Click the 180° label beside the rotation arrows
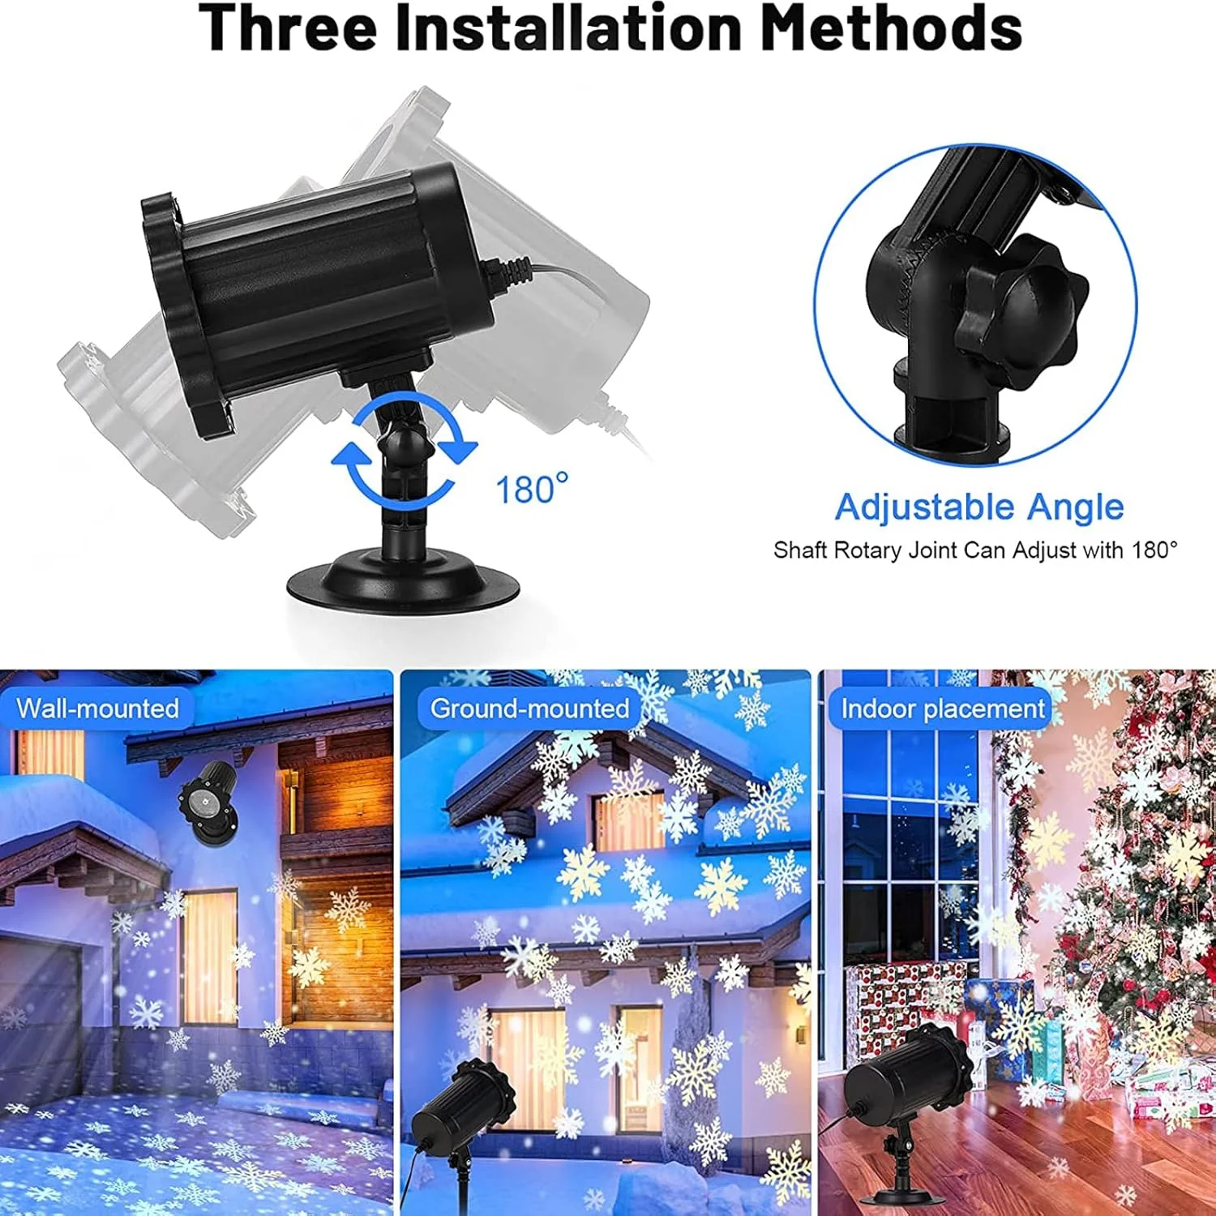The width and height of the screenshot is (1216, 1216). point(531,490)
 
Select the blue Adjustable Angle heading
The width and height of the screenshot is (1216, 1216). point(979,507)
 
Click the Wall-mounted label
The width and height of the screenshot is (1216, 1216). point(97,708)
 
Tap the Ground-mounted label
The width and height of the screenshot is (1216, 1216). point(529,708)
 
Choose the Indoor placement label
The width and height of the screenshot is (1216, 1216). point(942,709)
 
